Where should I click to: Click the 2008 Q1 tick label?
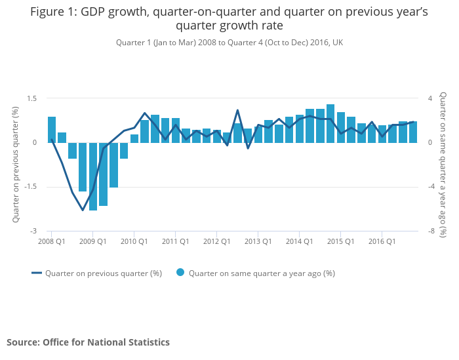tap(51, 241)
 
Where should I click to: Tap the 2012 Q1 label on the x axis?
tap(216, 241)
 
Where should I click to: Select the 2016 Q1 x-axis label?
tap(382, 241)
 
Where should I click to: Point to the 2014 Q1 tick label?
tap(299, 241)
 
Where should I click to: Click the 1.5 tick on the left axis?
tap(31, 98)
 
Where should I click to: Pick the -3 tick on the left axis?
tap(33, 231)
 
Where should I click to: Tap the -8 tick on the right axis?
tap(431, 231)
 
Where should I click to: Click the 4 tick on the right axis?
tap(430, 98)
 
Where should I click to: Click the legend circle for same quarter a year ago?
tap(180, 273)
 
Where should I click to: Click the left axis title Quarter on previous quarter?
tap(16, 165)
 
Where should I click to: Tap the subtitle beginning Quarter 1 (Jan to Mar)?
tap(229, 43)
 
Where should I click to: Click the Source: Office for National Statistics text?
tap(88, 342)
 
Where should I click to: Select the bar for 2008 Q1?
tap(52, 130)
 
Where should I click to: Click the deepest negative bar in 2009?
tap(93, 176)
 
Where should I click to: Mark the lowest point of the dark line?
tap(83, 210)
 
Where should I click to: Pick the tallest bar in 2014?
tap(330, 123)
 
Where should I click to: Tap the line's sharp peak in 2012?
tap(237, 110)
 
